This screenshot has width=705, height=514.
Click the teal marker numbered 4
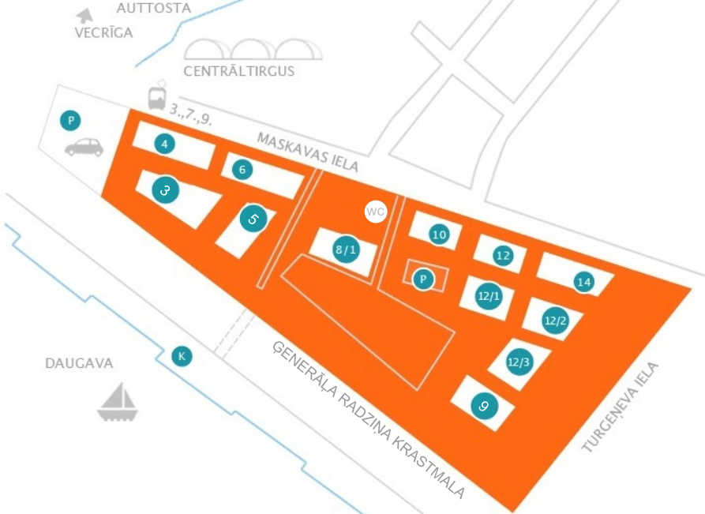(x=164, y=144)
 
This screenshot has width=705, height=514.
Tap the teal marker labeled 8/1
(x=346, y=249)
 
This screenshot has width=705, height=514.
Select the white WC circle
(x=376, y=212)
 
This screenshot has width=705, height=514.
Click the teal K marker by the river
(x=182, y=356)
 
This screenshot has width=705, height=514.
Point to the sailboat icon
(x=118, y=403)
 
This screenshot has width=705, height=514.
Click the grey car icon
(x=84, y=147)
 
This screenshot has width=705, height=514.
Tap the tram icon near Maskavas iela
(x=157, y=96)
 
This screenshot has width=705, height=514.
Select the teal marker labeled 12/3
(x=519, y=362)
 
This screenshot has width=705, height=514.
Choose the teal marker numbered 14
(x=584, y=282)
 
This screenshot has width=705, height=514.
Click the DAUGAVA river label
(x=79, y=363)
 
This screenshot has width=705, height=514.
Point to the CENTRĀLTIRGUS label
(x=238, y=71)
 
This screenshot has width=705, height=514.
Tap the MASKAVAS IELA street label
(x=308, y=152)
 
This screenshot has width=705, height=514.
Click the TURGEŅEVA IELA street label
(x=620, y=407)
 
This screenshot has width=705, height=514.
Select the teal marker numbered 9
(x=484, y=406)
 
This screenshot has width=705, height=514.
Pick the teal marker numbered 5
(x=253, y=219)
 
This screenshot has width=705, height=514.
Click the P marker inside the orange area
(x=423, y=280)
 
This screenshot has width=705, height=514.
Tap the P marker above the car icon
(x=70, y=120)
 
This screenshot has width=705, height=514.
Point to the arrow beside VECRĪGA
(x=84, y=16)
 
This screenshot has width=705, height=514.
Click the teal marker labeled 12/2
(x=555, y=321)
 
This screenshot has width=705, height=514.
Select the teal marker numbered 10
(x=439, y=234)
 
